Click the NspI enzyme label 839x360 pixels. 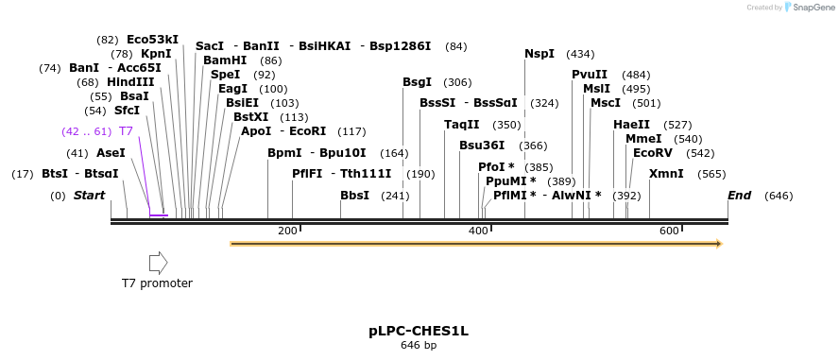click(539, 54)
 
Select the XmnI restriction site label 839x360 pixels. click(666, 174)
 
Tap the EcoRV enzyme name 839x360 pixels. click(653, 152)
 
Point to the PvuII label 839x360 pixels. click(590, 75)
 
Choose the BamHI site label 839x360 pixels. click(225, 60)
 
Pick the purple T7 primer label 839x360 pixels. click(126, 130)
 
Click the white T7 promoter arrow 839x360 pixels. click(158, 263)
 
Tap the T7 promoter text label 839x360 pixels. click(157, 283)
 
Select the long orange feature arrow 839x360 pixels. click(476, 244)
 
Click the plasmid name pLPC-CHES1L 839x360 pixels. click(419, 331)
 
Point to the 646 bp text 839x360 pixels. click(419, 345)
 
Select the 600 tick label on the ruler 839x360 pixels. click(669, 231)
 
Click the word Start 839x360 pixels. click(90, 196)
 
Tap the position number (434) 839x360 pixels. click(580, 54)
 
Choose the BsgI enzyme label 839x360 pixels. click(417, 82)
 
